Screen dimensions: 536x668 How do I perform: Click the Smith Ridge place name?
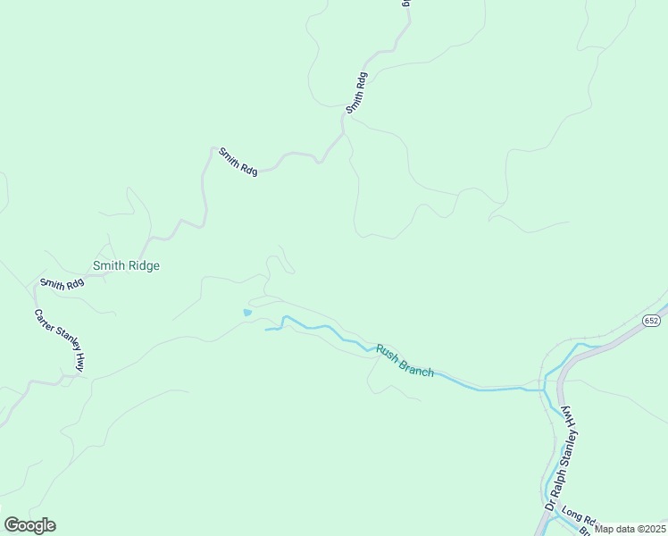126,265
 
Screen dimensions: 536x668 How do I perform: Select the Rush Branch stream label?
405,361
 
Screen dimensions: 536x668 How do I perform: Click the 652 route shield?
651,320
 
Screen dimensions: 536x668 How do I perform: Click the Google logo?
29,525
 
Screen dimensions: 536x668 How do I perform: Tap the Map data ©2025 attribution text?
630,529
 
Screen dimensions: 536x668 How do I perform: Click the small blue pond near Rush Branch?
247,313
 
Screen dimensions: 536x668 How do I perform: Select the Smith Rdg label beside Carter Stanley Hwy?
62,284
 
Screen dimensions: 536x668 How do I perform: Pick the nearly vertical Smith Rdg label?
356,92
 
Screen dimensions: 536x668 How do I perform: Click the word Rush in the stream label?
386,352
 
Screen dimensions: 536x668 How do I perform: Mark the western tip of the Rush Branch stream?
266,330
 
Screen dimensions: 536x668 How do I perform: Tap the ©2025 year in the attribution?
652,529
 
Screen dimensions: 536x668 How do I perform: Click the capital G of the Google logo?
12,525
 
